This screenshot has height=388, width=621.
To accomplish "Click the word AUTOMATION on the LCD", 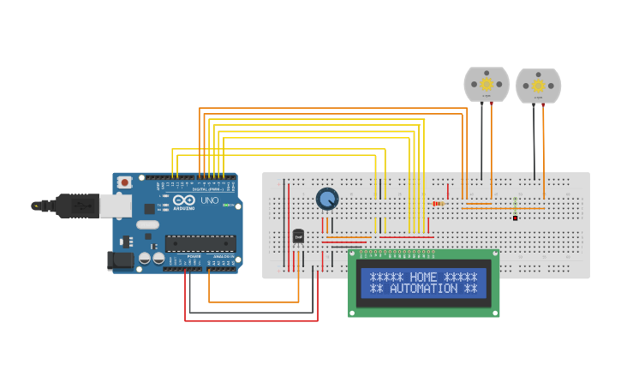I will (423, 289).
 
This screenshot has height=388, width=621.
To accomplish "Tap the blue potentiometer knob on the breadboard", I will (327, 199).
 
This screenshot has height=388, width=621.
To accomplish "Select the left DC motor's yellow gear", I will (487, 84).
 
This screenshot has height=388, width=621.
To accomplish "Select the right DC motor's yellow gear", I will (538, 86).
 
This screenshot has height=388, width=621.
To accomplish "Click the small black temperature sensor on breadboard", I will (298, 236).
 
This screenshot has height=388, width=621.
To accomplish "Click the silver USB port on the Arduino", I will (115, 205).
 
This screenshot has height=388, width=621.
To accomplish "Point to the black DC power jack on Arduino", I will (120, 260).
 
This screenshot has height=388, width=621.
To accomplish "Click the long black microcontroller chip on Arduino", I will (200, 243).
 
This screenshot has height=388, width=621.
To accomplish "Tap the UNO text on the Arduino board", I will (209, 200).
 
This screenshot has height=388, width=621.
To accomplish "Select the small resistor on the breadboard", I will (438, 204).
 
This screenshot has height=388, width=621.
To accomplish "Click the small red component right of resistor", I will (515, 218).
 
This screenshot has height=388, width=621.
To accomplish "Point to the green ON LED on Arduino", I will (226, 205).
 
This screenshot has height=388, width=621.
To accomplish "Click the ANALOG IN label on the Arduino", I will (223, 257).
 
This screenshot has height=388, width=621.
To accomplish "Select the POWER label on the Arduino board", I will (194, 257).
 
